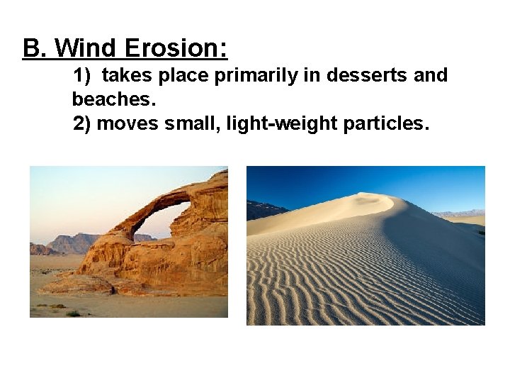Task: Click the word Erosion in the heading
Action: coord(175,48)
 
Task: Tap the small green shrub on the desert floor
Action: coord(73,313)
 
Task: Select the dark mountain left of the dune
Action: coord(263,210)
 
